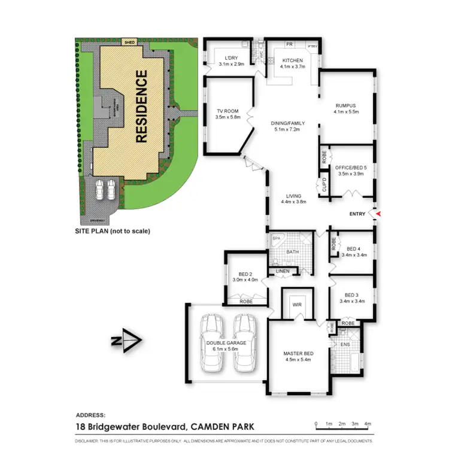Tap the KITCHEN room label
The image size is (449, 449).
pos(293,60)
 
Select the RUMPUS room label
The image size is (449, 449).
pos(347,105)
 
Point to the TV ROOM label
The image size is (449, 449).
pos(227,110)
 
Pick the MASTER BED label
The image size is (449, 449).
pos(298,353)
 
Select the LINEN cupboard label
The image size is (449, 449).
pos(283,272)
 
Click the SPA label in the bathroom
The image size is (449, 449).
pos(277,239)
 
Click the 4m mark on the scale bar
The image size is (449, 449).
pos(368,424)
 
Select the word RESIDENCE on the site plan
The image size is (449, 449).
pos(141,107)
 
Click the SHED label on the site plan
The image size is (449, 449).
pos(129,42)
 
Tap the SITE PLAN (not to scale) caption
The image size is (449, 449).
pos(112,230)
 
